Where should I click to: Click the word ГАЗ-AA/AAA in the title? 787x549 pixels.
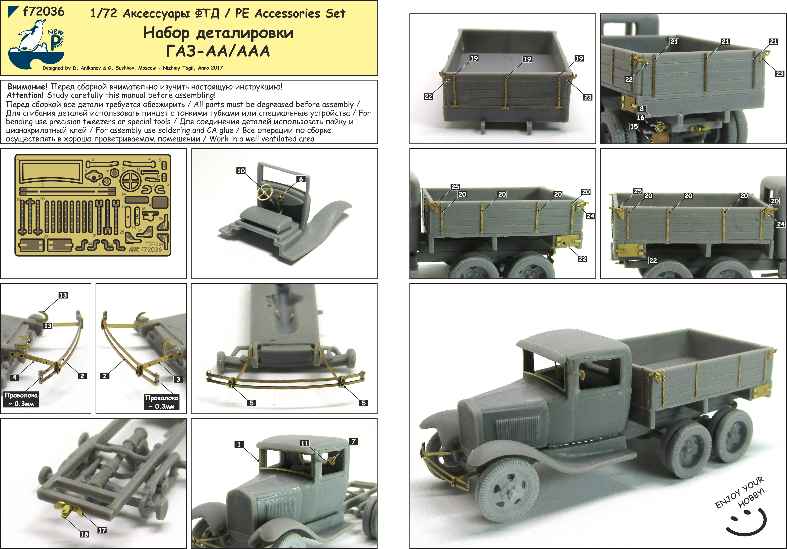tap(218, 52)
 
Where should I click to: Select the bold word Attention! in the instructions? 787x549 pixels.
tap(25, 95)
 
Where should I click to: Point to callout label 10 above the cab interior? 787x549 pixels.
tap(241, 171)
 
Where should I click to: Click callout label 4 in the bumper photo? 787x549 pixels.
tap(14, 377)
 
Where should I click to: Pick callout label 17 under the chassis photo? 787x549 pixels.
tap(102, 530)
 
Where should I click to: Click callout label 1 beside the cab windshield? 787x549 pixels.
tap(239, 444)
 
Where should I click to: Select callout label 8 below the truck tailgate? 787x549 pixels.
tap(641, 109)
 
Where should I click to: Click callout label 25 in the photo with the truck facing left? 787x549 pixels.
tap(455, 187)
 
